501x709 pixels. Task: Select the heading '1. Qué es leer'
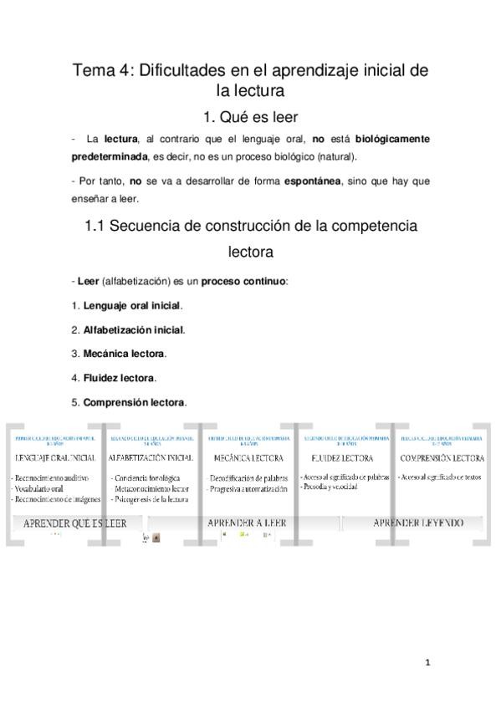pos(250,117)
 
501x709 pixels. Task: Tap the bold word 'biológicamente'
pos(391,138)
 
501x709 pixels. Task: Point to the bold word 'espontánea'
pos(312,181)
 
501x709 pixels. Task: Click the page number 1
pos(427,663)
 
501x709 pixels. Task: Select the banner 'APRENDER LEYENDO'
pos(418,523)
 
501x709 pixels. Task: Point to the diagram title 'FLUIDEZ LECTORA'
pos(341,459)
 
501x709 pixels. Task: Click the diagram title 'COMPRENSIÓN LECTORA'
pos(442,458)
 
